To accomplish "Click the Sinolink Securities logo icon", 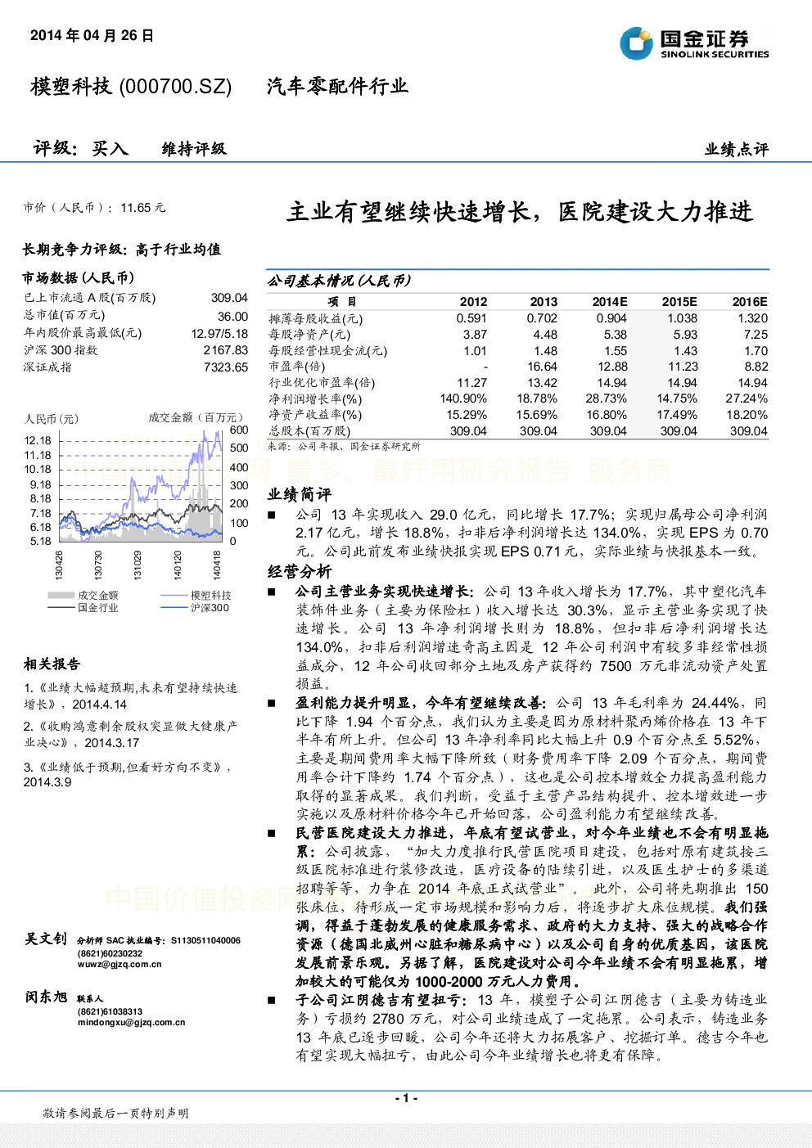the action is click(636, 43).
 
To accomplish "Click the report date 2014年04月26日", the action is click(92, 35).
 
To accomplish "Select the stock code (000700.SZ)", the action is click(175, 87).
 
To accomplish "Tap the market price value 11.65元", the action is click(143, 208).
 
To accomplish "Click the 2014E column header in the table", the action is click(610, 302).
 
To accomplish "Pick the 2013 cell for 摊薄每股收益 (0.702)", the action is click(542, 318).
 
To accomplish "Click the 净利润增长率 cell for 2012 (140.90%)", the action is click(463, 398).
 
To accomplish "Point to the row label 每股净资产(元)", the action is click(309, 335).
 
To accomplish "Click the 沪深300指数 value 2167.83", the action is click(226, 350).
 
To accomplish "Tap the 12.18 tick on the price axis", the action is click(38, 440).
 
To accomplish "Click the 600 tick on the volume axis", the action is click(239, 430).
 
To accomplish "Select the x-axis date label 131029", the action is click(138, 565).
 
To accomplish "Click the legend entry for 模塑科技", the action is click(210, 596).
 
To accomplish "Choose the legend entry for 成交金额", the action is click(98, 596).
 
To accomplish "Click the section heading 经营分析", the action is click(300, 571).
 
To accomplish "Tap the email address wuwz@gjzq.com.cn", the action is click(120, 964).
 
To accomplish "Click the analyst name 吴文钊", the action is click(46, 939).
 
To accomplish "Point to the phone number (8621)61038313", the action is click(111, 1011).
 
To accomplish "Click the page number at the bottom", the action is click(407, 1097).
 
